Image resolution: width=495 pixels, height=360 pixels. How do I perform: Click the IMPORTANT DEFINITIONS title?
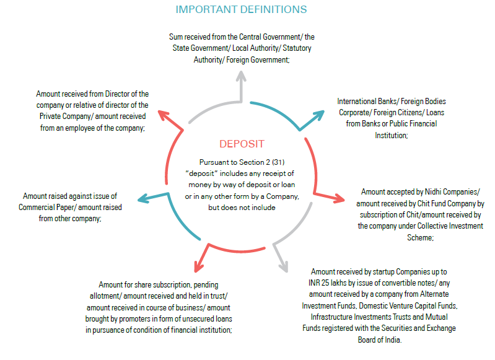coord(241,9)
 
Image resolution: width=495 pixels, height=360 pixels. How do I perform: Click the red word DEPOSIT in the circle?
coord(242,144)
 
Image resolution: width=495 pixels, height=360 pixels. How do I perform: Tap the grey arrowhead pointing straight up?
coord(241,76)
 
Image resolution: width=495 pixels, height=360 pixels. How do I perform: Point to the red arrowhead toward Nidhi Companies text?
coord(339,198)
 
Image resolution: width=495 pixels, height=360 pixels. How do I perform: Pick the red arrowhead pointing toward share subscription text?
coord(199,266)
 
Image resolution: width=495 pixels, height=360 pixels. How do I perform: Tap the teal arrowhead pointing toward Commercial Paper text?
coord(144,199)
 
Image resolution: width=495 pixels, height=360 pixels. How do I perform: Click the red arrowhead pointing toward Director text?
coord(164,115)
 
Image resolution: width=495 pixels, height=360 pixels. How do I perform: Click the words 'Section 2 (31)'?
coord(261,162)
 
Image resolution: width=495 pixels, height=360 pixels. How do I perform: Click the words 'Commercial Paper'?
coord(45,208)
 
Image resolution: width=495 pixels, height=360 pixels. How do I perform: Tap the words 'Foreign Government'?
coord(257,60)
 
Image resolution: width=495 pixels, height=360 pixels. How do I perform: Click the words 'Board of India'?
coord(379,340)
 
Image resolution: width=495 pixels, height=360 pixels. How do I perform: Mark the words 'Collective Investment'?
coord(452,226)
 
